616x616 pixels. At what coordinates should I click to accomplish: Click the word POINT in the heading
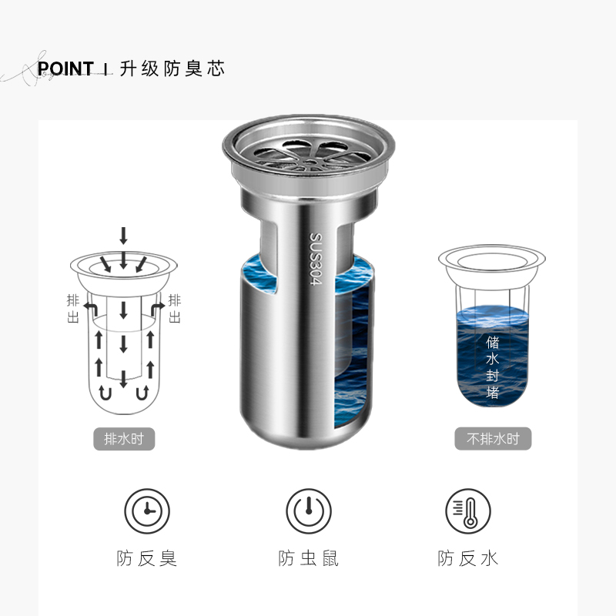pos(65,69)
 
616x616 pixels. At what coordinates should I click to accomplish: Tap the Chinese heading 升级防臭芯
pos(172,69)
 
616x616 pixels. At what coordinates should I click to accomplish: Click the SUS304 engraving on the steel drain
pos(316,259)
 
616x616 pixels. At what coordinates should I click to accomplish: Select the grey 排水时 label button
pos(124,439)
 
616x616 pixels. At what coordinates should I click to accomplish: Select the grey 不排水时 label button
pos(493,438)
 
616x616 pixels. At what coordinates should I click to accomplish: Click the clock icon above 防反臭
pos(147,511)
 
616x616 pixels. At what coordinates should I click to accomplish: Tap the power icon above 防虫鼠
pos(309,511)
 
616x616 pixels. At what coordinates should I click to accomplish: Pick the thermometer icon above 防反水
pos(468,511)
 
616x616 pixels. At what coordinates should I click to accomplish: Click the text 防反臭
pos(147,558)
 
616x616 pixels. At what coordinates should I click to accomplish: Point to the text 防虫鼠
pos(309,558)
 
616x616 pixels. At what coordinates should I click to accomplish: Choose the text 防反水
pos(468,558)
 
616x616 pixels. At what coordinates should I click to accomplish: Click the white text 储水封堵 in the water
pos(492,367)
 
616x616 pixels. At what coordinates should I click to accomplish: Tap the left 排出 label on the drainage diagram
pos(73,309)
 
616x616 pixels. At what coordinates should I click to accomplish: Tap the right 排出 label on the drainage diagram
pos(175,309)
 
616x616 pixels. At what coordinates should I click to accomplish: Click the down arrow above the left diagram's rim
pos(123,236)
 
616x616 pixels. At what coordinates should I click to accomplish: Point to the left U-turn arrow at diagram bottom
pos(105,393)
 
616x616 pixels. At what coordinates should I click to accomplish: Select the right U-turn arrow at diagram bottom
pos(142,393)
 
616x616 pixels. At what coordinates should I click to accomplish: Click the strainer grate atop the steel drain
pos(309,156)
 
